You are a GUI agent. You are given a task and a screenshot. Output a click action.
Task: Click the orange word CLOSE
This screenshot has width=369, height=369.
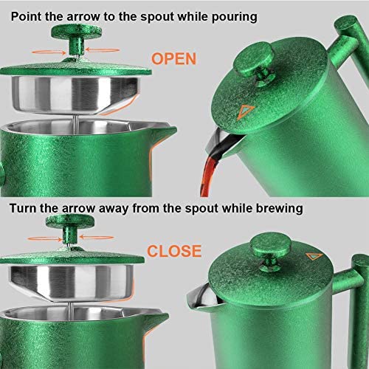coord(174,251)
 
